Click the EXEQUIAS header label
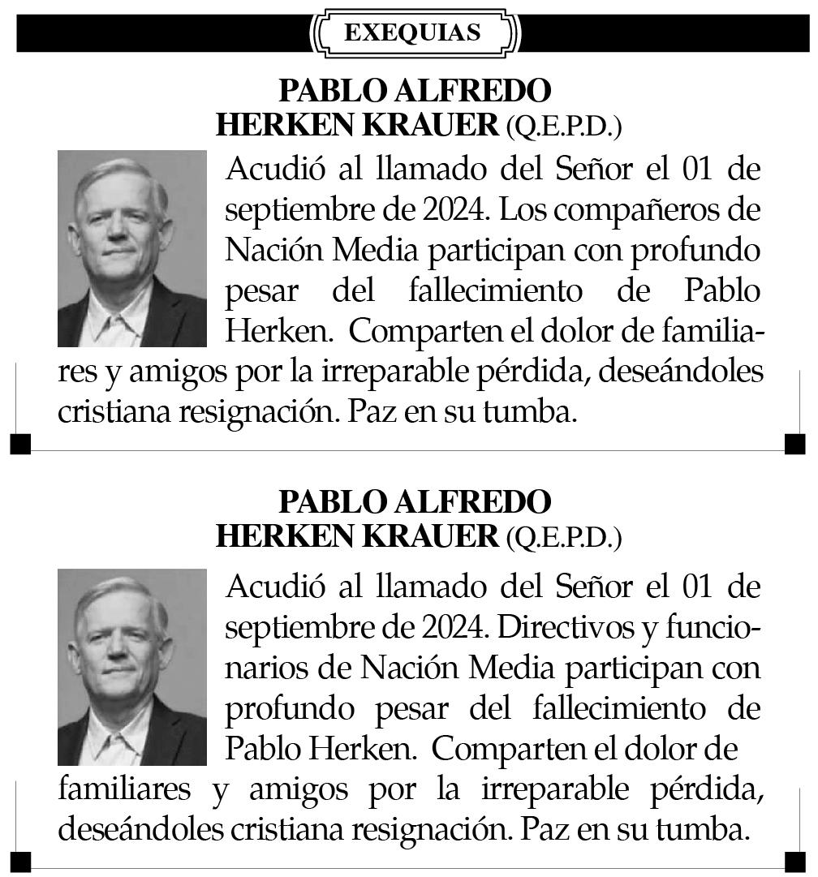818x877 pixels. [412, 32]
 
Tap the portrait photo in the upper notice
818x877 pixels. [132, 248]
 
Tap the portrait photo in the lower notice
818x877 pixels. [132, 667]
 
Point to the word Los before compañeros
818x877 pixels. [519, 209]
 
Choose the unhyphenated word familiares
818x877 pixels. [125, 789]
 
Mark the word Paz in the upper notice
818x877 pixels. [373, 411]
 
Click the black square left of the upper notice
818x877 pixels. [20, 444]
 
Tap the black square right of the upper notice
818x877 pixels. [795, 444]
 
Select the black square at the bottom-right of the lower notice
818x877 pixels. [795, 860]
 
